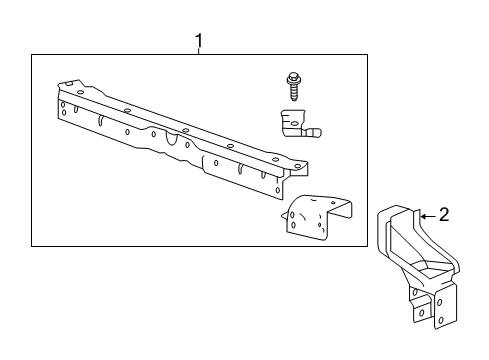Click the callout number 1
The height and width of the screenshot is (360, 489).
[x=198, y=40]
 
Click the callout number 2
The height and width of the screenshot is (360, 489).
[x=444, y=214]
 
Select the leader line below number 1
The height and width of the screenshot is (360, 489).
[x=198, y=52]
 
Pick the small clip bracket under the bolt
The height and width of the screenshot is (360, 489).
[x=292, y=123]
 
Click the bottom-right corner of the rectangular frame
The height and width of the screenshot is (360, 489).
[x=367, y=246]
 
